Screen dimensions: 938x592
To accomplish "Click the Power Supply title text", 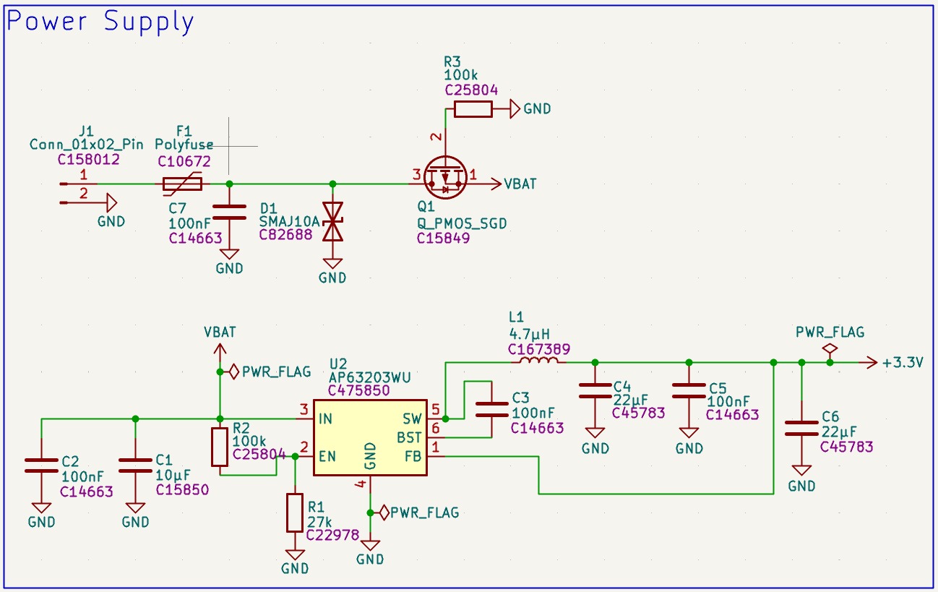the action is click(x=100, y=22).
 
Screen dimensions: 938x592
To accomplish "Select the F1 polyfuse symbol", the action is click(x=183, y=184).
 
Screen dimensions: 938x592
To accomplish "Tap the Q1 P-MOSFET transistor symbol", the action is click(x=445, y=178).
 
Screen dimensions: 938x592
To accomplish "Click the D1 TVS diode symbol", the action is click(x=333, y=222).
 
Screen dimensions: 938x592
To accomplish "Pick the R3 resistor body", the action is click(x=473, y=109).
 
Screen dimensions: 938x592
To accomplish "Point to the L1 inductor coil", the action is click(x=539, y=360).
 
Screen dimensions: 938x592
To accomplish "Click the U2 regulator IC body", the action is click(x=370, y=438).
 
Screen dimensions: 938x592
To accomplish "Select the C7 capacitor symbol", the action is click(x=230, y=212).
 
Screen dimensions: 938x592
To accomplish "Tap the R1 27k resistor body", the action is click(x=295, y=512).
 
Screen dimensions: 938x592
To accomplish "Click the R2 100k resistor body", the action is click(x=220, y=447).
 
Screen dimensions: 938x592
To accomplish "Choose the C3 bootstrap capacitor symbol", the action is click(x=492, y=410).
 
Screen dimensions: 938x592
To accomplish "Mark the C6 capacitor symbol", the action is click(x=801, y=429).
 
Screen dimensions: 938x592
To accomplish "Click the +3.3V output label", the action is click(x=903, y=362).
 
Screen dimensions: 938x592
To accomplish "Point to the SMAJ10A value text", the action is click(x=289, y=222).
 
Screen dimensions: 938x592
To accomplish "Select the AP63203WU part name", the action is click(x=370, y=377).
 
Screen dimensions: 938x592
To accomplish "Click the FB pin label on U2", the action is click(x=413, y=456).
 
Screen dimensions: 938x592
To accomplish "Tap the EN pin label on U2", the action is click(x=327, y=456).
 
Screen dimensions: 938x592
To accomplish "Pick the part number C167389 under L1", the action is click(x=539, y=349).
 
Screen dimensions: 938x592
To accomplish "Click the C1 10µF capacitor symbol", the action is click(x=135, y=466).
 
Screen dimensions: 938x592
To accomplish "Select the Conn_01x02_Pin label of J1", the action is click(x=86, y=145).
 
